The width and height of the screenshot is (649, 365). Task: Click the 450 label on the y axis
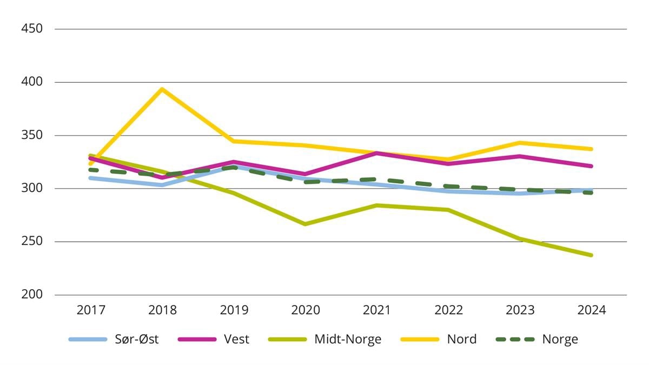(32, 29)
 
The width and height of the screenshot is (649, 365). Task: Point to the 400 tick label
(32, 82)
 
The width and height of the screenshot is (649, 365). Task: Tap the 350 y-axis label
(32, 135)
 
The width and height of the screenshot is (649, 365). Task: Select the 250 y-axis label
(32, 242)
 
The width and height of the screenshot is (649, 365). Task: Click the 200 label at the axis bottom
(32, 295)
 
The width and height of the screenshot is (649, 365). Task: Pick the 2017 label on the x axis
(91, 310)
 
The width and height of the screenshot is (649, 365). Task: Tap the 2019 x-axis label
(234, 310)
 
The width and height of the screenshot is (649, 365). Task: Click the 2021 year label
(377, 310)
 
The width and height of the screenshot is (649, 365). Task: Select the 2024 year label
(592, 310)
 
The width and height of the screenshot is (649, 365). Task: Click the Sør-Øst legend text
(136, 340)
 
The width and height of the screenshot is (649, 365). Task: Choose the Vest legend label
(236, 340)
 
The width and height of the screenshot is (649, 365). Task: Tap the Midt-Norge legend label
(348, 340)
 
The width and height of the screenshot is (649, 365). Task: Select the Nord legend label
(461, 340)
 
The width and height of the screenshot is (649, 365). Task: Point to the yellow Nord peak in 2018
(162, 89)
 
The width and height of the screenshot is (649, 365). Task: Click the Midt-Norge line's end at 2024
(592, 255)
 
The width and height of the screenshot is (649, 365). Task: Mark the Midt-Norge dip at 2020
(305, 224)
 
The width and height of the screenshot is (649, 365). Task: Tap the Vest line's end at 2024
(592, 166)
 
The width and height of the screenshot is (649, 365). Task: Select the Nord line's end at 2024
(592, 149)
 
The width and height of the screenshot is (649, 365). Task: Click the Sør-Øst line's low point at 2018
(162, 185)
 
